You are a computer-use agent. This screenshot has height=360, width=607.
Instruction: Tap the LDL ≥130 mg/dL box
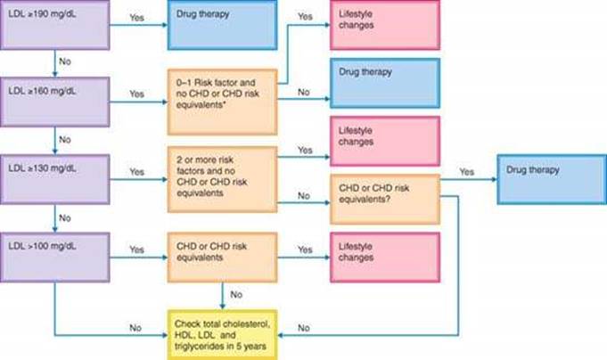click(56, 172)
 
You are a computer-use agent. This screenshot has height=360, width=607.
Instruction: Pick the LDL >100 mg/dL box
click(56, 254)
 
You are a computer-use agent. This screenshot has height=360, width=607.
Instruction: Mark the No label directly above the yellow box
click(236, 293)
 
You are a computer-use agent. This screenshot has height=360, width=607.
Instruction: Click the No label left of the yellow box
click(135, 328)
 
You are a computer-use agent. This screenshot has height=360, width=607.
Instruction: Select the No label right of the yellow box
click(304, 328)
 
